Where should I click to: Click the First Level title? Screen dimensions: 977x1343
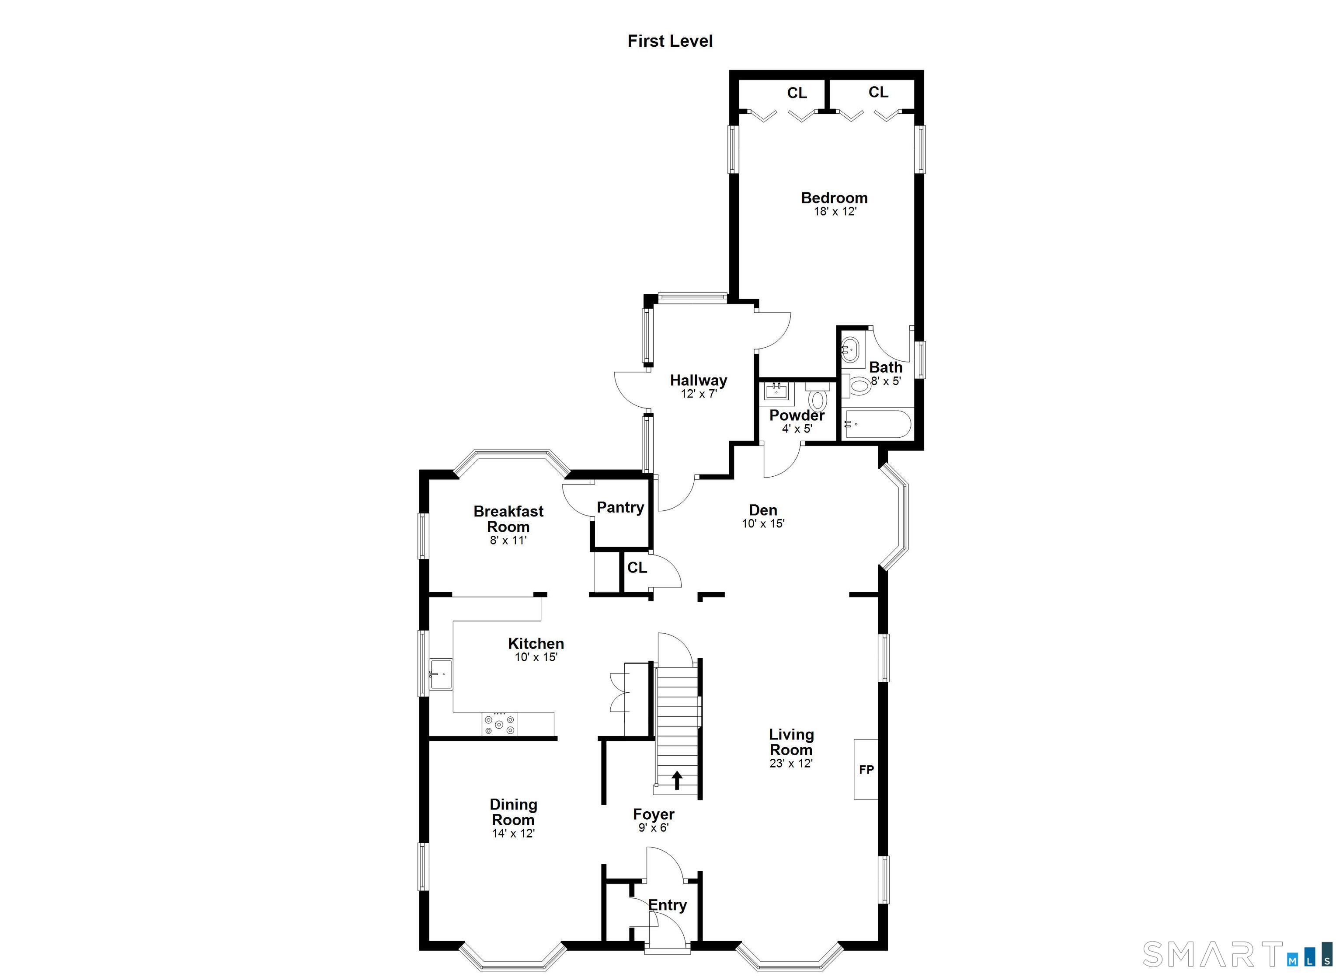pos(670,41)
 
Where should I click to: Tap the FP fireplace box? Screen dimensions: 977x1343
pos(866,769)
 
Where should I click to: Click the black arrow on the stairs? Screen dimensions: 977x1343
pos(676,780)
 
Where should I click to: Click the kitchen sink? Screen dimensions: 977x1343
pos(441,674)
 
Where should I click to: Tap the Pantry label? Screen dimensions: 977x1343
pos(620,507)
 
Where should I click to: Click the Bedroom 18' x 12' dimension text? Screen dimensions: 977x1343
pos(835,212)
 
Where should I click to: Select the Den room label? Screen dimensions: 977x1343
pos(763,510)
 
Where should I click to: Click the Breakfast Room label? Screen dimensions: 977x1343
pos(508,519)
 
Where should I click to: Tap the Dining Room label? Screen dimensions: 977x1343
pos(513,812)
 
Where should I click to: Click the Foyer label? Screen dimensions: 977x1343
pos(653,815)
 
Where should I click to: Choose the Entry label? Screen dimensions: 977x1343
pos(668,905)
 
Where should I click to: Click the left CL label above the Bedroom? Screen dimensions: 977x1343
pos(797,93)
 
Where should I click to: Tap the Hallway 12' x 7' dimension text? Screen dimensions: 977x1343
pos(699,394)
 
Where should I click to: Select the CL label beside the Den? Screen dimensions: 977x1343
pos(637,568)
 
